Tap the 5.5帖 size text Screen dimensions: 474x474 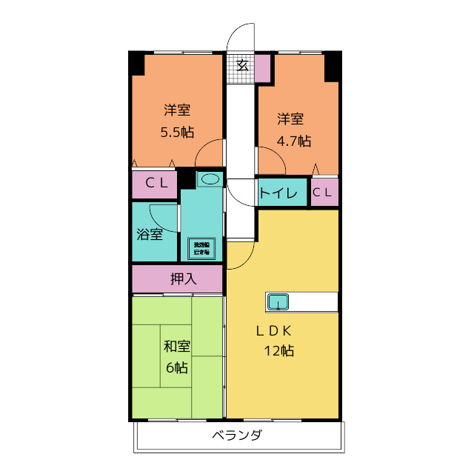[177, 133]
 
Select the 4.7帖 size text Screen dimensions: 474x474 [294, 141]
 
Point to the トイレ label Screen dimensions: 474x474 [278, 194]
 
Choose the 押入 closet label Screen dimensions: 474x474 [183, 279]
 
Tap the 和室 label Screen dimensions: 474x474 [177, 346]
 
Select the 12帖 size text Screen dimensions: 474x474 [278, 351]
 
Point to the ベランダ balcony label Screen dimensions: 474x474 [236, 435]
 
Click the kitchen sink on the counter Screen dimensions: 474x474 [278, 301]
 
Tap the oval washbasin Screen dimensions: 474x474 [210, 179]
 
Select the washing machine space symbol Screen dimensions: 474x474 [202, 248]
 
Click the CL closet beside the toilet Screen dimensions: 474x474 [324, 193]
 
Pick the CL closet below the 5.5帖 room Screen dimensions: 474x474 [156, 184]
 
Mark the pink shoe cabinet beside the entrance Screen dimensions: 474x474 [262, 67]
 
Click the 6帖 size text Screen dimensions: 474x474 [176, 367]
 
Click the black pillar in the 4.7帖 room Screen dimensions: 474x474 [332, 67]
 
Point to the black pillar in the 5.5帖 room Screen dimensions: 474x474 [138, 64]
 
